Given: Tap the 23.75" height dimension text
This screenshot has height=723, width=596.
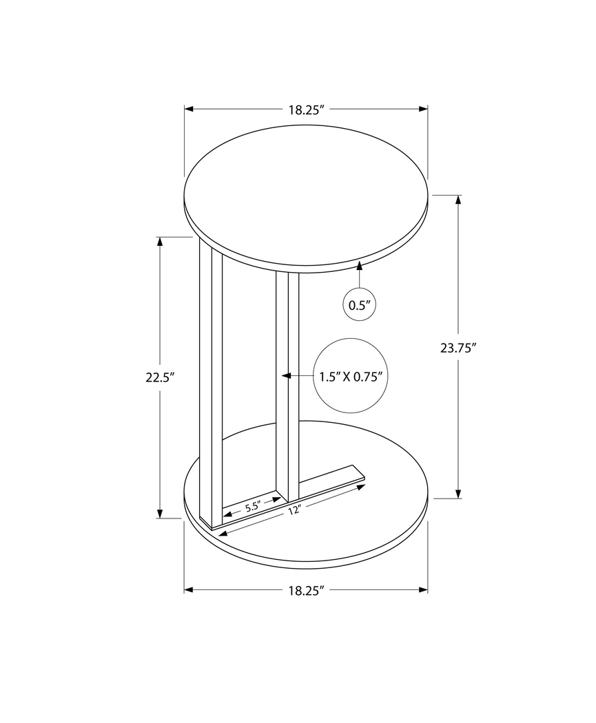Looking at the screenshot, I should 459,348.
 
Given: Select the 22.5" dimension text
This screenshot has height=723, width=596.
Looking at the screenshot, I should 160,377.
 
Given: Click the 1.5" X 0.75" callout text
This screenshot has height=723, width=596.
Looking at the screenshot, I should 351,376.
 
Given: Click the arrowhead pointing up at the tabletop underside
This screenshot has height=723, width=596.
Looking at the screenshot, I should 360,265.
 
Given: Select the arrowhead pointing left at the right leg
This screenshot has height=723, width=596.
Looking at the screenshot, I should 287,376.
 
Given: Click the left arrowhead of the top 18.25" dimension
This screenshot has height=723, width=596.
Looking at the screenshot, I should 189,109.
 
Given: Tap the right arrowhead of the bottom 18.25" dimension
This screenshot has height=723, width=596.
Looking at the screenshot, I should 423,589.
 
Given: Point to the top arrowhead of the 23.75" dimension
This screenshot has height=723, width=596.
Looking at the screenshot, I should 458,200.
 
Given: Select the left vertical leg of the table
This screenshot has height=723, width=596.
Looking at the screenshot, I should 211,386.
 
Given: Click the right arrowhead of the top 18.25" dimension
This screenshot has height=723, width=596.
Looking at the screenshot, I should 423,109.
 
